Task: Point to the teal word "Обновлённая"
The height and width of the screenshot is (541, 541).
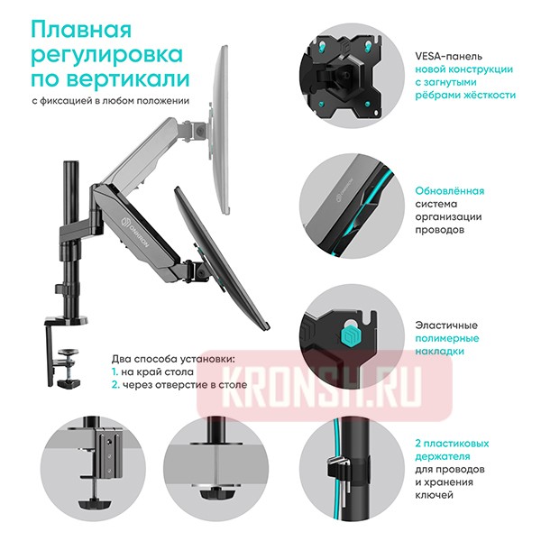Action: (x=449, y=190)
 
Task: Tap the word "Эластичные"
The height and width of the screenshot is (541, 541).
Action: (x=445, y=325)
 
